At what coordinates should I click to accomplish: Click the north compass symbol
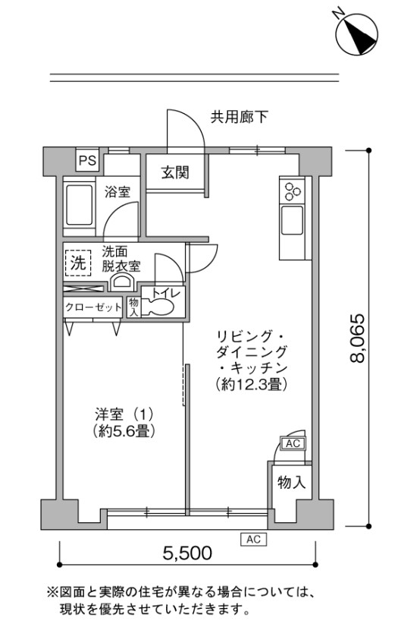click(356, 33)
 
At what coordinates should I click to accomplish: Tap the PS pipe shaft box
click(87, 160)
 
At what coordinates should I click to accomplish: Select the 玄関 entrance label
click(175, 172)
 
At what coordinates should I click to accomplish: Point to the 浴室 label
click(117, 192)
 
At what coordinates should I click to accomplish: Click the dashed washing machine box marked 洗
click(78, 263)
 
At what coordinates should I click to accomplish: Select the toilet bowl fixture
click(159, 307)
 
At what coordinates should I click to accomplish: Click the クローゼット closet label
click(93, 307)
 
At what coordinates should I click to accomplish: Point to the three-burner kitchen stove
click(293, 190)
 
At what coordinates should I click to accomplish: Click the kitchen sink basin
click(292, 220)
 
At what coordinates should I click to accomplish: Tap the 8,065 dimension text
click(357, 338)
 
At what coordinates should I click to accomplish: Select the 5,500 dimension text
click(187, 553)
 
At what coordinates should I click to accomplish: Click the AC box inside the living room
click(293, 443)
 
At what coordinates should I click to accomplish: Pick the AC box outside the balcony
click(253, 539)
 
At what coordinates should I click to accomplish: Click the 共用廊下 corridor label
click(240, 117)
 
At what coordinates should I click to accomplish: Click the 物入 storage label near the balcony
click(291, 482)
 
